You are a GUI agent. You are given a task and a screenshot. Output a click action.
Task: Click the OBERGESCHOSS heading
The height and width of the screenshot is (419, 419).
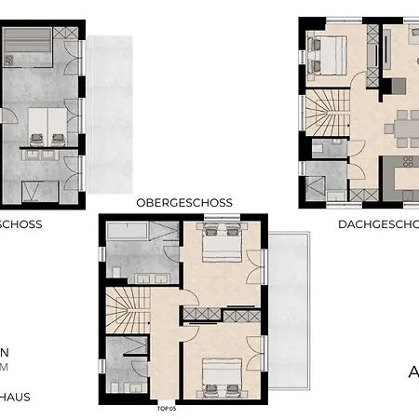183,202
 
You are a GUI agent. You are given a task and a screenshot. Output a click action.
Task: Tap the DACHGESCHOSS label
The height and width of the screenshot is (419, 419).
377,224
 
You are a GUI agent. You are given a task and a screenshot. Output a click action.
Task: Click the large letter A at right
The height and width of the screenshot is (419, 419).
412,372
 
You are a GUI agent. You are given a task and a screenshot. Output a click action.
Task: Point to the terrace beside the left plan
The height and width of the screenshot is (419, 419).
110,121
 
